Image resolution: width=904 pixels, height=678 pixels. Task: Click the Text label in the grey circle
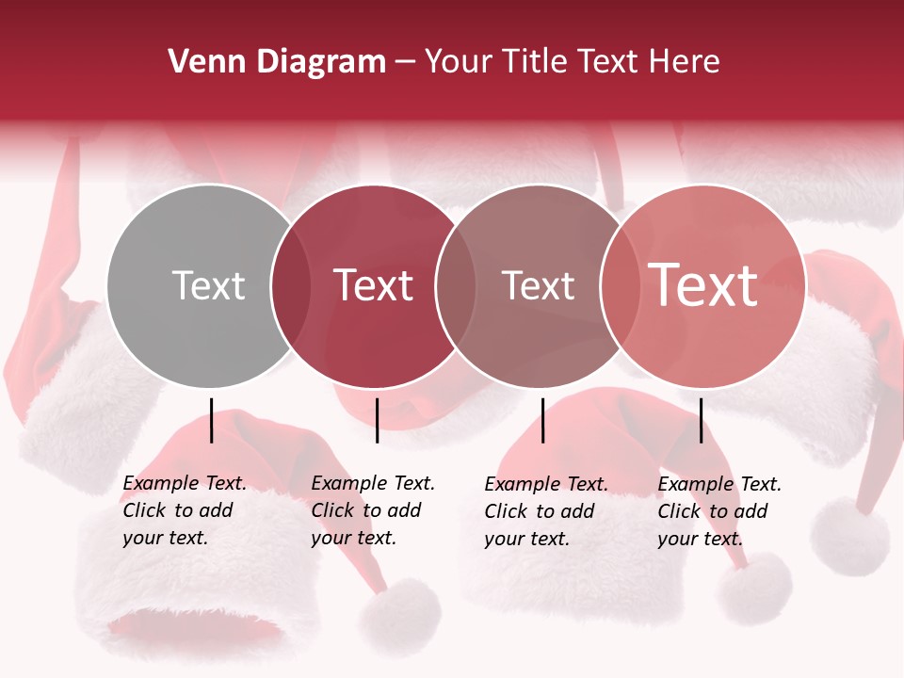click(208, 285)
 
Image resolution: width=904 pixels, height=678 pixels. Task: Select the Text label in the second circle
click(373, 285)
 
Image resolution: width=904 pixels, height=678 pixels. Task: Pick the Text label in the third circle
click(538, 285)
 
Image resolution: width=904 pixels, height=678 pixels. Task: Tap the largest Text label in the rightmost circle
click(703, 285)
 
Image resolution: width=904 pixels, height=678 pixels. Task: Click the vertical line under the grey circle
click(212, 420)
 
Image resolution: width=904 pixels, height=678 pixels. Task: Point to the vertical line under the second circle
click(377, 420)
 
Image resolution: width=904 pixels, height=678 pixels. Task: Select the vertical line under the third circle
click(543, 420)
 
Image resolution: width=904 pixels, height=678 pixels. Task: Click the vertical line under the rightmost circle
click(702, 420)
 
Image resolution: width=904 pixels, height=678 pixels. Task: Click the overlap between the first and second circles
click(291, 285)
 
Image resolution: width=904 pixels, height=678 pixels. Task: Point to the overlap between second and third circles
click(456, 285)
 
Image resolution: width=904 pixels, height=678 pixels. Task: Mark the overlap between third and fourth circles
click(620, 285)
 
